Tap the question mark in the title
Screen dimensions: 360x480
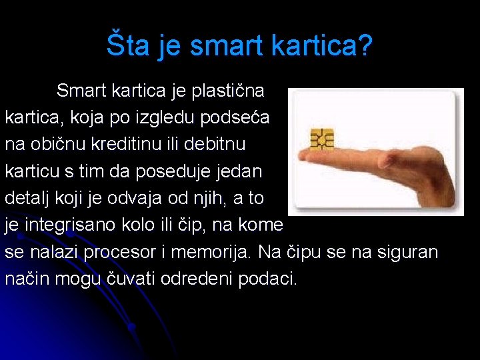click(x=365, y=46)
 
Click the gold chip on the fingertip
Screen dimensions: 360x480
click(x=322, y=138)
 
